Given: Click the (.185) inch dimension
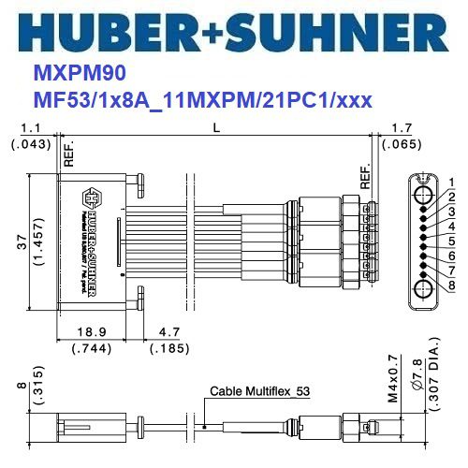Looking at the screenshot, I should [x=169, y=348].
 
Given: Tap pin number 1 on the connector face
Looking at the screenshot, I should [x=450, y=182].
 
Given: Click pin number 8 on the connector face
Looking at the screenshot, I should [x=450, y=285].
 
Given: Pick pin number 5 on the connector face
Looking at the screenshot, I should [x=450, y=241].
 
